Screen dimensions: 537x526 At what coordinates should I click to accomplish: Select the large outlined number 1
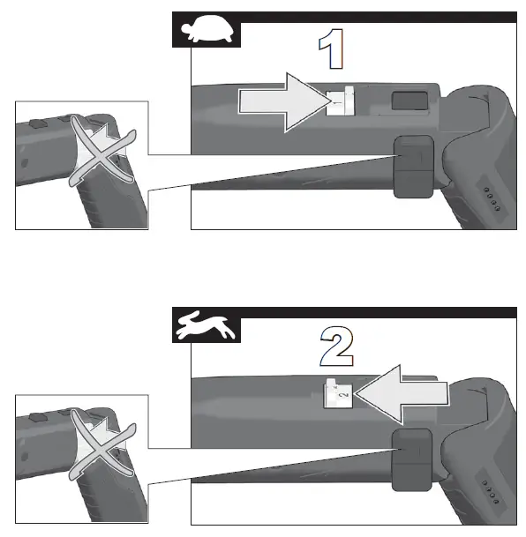331,52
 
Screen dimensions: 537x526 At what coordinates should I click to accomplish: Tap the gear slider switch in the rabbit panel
335,392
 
